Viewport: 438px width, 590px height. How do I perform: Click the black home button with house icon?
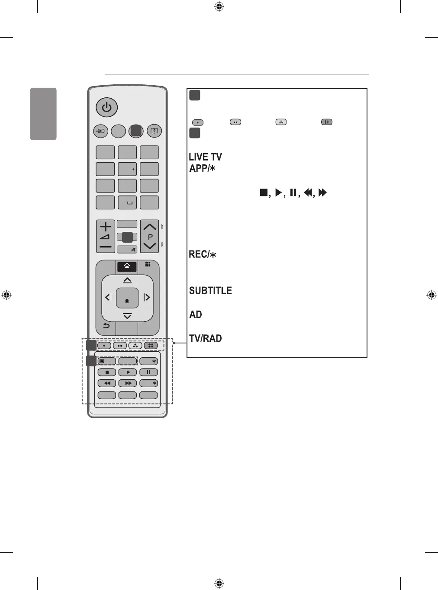pos(127,266)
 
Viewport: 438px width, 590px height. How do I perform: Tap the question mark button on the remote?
pos(155,131)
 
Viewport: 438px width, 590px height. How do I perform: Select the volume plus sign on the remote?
pos(106,226)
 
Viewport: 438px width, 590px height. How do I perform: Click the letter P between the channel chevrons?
pos(150,237)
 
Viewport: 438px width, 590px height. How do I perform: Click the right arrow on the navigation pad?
pos(147,297)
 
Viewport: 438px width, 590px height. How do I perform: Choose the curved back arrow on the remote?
pos(106,325)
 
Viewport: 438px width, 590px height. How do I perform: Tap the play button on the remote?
pos(128,372)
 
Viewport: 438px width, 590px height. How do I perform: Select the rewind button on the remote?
pos(107,383)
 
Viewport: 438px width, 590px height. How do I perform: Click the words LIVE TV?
pos(205,157)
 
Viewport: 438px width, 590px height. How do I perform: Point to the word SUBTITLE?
pos(210,291)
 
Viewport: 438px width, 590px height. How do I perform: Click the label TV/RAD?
pos(206,338)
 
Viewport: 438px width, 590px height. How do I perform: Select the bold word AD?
pos(196,314)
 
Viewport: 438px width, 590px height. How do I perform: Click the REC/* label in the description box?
pos(203,254)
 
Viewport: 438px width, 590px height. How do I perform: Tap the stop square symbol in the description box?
pos(264,192)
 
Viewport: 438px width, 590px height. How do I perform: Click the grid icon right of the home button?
pos(148,264)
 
